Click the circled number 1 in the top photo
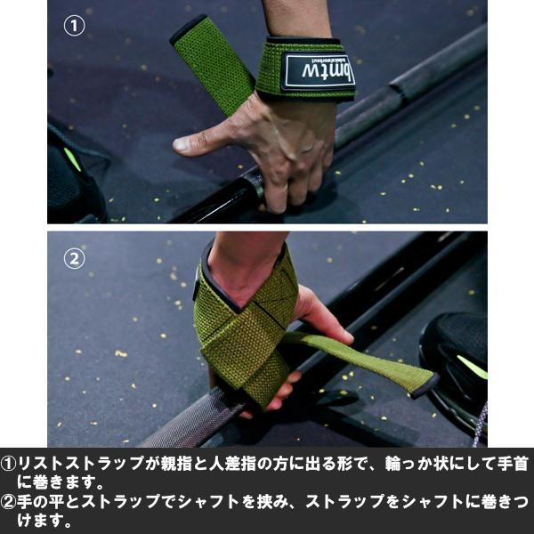75,26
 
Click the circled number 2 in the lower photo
75,260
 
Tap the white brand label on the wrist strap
318,70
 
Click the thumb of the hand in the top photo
200,139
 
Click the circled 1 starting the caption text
9,465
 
